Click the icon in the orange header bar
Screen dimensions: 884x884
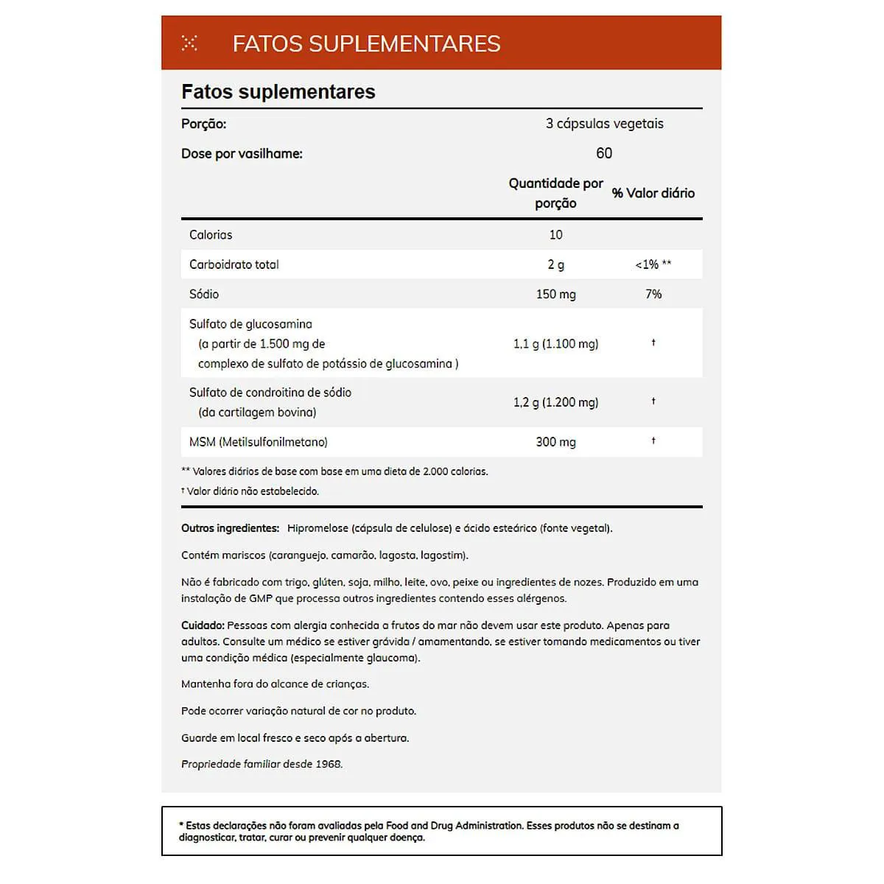click(189, 43)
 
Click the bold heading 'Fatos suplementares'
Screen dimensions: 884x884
click(278, 92)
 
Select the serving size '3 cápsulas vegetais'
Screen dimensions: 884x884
click(604, 124)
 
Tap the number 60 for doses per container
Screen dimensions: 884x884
click(604, 153)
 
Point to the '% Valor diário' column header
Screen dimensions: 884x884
click(653, 193)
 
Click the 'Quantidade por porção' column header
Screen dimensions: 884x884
click(555, 193)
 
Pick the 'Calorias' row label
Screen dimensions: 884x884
click(211, 235)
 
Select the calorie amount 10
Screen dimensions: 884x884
click(555, 235)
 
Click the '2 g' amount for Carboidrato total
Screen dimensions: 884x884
click(555, 264)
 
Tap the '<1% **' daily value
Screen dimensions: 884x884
click(653, 264)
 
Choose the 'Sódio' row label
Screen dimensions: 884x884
click(204, 294)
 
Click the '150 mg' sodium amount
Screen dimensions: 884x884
click(555, 294)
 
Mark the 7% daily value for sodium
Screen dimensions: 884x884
click(653, 294)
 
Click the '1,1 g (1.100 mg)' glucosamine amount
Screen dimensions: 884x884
click(555, 344)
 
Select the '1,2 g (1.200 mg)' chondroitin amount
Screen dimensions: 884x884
click(555, 402)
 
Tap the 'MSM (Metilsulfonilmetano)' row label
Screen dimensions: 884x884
click(259, 442)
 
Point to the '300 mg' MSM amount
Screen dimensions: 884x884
click(555, 442)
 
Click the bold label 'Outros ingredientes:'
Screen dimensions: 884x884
click(230, 528)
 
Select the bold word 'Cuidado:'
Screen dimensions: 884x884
click(203, 625)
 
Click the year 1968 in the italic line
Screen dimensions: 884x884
click(329, 764)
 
